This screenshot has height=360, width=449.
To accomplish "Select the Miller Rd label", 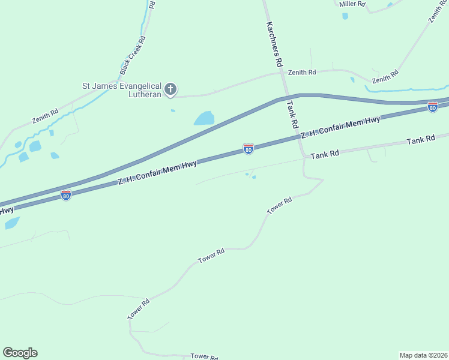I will (x=352, y=4).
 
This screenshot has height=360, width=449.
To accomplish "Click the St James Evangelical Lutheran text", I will (x=122, y=90).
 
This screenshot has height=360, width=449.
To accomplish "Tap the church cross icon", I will (x=170, y=90).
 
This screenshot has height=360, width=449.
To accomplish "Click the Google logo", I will (x=20, y=353).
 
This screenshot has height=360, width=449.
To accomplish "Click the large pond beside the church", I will (x=204, y=118).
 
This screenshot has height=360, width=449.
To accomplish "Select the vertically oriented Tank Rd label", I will (x=292, y=115).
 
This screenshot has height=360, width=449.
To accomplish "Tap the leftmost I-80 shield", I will (x=66, y=195).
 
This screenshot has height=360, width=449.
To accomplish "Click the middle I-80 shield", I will (x=248, y=148).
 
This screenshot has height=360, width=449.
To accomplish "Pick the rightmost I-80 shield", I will (x=432, y=106).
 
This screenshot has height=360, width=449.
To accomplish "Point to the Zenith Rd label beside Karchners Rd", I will (x=302, y=73).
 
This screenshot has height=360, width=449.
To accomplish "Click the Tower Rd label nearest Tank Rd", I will (x=279, y=205).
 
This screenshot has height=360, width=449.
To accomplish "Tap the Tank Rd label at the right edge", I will (x=421, y=140).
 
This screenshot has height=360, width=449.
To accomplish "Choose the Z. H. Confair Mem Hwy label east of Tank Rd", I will (x=340, y=128).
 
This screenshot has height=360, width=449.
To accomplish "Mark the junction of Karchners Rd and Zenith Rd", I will (x=282, y=74).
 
